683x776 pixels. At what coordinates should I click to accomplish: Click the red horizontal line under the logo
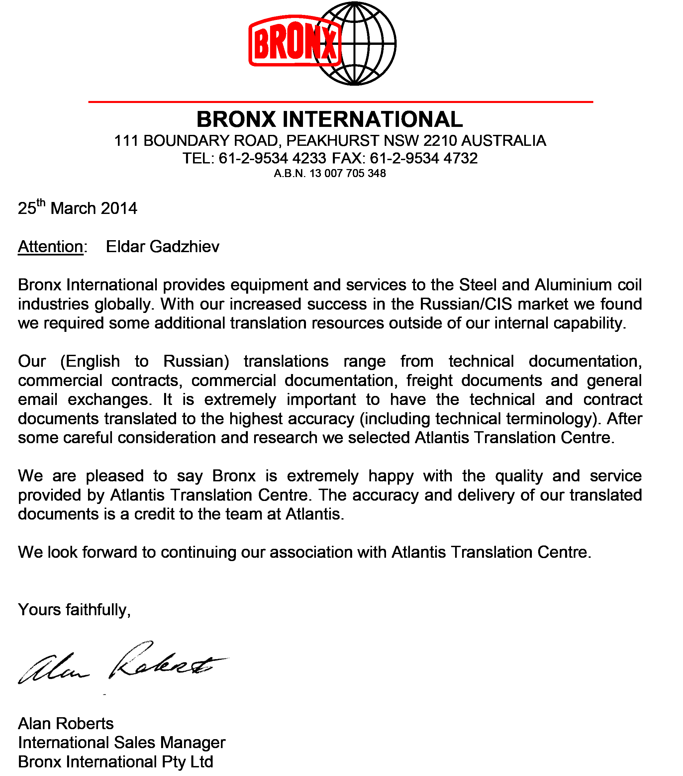point(341,102)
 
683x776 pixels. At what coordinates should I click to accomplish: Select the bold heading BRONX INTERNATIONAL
point(330,119)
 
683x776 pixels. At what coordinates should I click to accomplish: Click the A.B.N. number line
point(330,173)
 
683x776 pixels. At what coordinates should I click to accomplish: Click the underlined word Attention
point(50,247)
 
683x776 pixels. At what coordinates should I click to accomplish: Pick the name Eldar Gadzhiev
point(162,247)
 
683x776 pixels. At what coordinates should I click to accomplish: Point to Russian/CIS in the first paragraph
point(466,304)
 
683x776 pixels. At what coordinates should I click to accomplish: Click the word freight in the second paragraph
point(430,380)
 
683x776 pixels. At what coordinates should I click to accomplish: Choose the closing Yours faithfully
point(74,610)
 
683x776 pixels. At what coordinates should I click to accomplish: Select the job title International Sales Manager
point(122,742)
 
